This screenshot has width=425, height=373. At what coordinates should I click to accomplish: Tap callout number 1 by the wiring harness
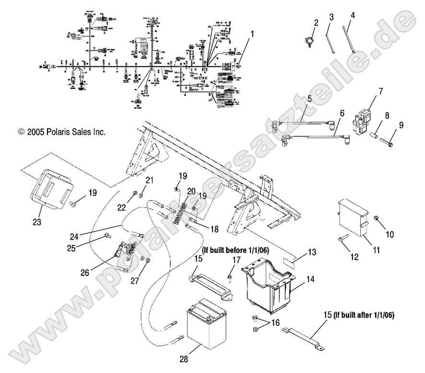pyautogui.click(x=252, y=35)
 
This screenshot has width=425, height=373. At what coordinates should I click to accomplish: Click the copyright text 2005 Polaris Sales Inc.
pyautogui.click(x=61, y=132)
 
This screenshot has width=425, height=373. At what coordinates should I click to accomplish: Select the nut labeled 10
pyautogui.click(x=378, y=220)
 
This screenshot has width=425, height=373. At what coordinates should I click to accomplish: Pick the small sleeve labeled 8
pyautogui.click(x=375, y=141)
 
